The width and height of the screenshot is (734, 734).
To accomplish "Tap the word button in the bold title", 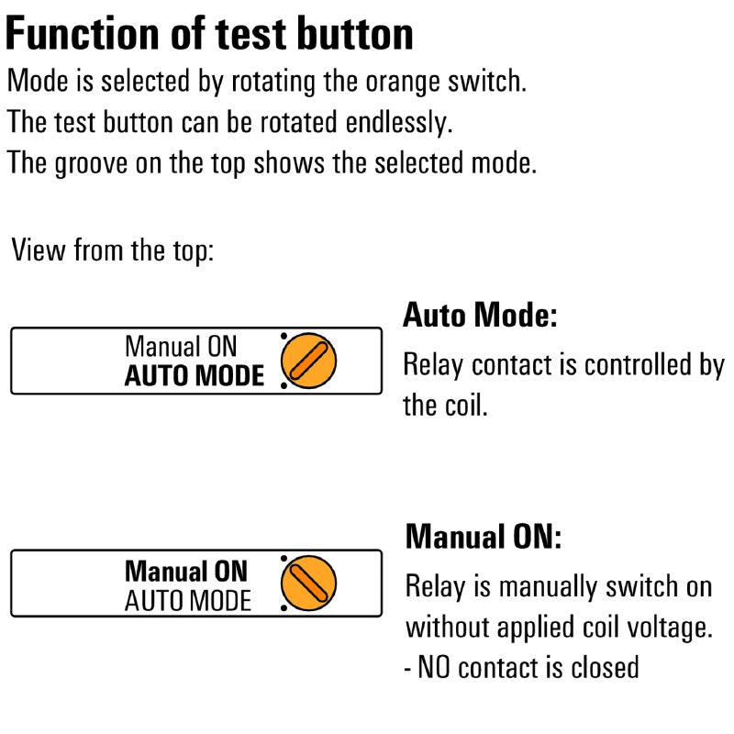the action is click(x=355, y=33).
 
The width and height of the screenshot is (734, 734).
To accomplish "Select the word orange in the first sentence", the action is click(x=403, y=83).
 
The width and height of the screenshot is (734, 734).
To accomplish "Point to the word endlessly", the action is click(x=399, y=123).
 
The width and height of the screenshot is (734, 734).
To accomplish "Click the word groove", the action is click(x=91, y=164).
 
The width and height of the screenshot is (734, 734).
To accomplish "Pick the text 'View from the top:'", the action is click(x=112, y=250).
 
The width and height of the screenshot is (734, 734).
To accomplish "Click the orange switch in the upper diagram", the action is click(x=308, y=361).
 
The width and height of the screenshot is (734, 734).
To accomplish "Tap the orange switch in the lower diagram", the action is click(x=308, y=583).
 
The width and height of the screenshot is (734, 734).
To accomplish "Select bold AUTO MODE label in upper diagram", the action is click(x=195, y=376).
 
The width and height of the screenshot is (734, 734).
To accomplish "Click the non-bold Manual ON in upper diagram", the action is click(x=181, y=347).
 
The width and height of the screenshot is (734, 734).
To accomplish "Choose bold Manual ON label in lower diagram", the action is click(x=186, y=572).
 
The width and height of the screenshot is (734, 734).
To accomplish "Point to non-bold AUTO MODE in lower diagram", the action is click(x=188, y=601).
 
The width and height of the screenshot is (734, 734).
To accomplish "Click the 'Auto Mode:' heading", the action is click(x=480, y=315).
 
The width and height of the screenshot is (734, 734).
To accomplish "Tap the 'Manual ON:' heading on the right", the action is click(x=484, y=537).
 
